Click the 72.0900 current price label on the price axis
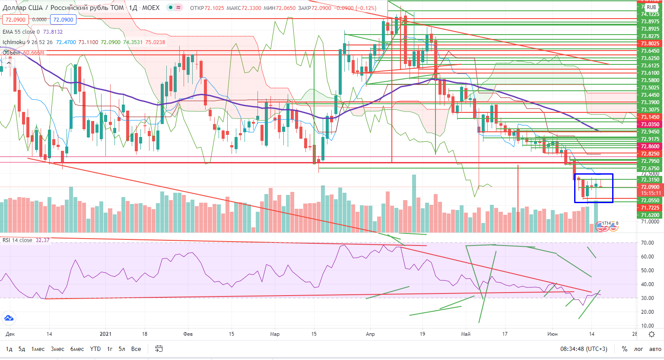point(650,187)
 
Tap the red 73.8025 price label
point(650,44)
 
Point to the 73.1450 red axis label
point(650,117)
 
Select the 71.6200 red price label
point(650,215)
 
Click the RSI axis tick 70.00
point(647,243)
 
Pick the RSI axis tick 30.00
point(647,298)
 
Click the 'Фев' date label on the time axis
point(188,334)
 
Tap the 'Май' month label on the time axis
point(466,334)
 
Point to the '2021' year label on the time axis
point(105,334)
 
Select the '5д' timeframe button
point(22,349)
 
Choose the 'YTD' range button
point(95,349)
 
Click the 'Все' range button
point(136,349)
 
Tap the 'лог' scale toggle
point(639,349)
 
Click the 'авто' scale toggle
point(655,349)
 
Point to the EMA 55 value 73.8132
point(53,32)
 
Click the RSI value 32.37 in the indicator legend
point(42,240)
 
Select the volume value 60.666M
point(34,53)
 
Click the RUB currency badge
point(651,7)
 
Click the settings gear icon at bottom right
point(652,334)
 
